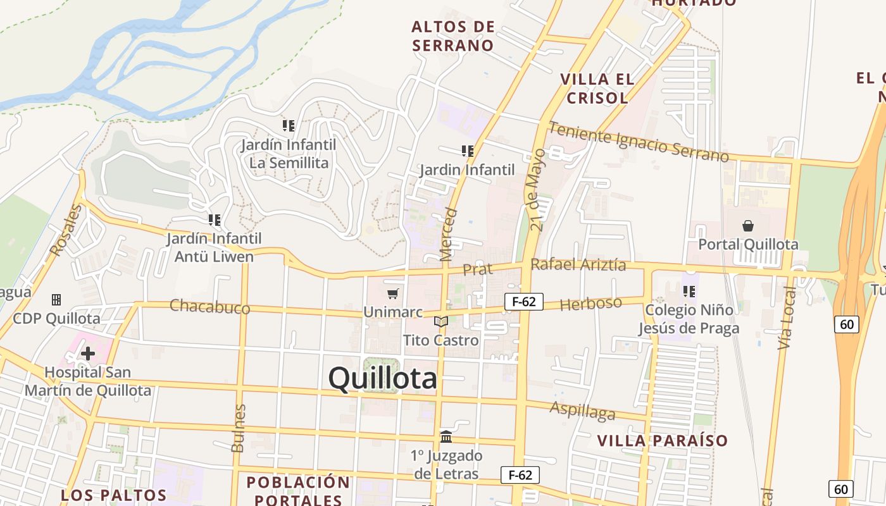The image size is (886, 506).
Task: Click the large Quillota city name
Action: [x=382, y=378]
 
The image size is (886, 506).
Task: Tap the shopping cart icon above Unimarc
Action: [x=392, y=293]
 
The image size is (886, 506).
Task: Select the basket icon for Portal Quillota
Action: [x=748, y=226]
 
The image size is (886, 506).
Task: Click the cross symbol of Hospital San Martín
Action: [x=88, y=354]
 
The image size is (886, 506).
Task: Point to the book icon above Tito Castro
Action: [x=441, y=321]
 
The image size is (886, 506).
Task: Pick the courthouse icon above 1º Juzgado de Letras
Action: [x=446, y=436]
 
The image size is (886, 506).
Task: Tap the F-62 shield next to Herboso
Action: [x=524, y=302]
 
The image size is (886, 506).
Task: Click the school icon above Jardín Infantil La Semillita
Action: [x=289, y=126]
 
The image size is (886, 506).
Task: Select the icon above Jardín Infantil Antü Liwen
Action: [x=215, y=220]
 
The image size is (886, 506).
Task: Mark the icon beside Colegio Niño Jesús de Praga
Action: [x=689, y=292]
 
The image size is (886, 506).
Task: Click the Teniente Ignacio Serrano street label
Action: [x=639, y=142]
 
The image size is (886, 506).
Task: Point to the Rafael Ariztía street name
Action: [x=578, y=264]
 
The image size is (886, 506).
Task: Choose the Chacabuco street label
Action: [x=209, y=307]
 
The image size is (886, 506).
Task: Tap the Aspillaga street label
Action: [x=582, y=410]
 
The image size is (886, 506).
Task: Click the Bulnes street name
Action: [x=238, y=428]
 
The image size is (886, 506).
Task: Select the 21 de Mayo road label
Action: [x=537, y=190]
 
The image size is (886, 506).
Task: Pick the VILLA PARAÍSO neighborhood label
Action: [x=663, y=441]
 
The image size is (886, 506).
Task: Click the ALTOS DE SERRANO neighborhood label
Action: [x=452, y=36]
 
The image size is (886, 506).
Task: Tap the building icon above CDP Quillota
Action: [x=56, y=299]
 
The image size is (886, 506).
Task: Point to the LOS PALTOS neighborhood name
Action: [x=113, y=495]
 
